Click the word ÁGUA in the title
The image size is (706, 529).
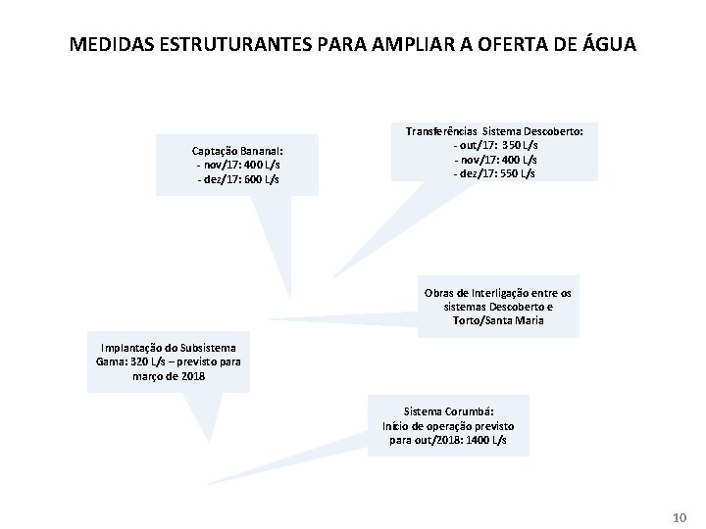point(609,44)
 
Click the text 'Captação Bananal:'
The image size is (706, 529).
point(237,151)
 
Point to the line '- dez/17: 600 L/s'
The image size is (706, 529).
point(237,179)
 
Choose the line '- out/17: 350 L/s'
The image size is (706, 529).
point(494,145)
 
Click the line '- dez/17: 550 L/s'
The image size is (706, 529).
point(494,173)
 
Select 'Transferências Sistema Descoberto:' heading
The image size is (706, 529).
point(494,130)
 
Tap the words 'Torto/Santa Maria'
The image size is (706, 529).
point(498,320)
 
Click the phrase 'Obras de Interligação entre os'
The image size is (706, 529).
point(498,293)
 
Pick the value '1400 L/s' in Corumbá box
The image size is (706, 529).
point(485,441)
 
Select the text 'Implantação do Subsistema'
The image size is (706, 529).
point(168,348)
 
